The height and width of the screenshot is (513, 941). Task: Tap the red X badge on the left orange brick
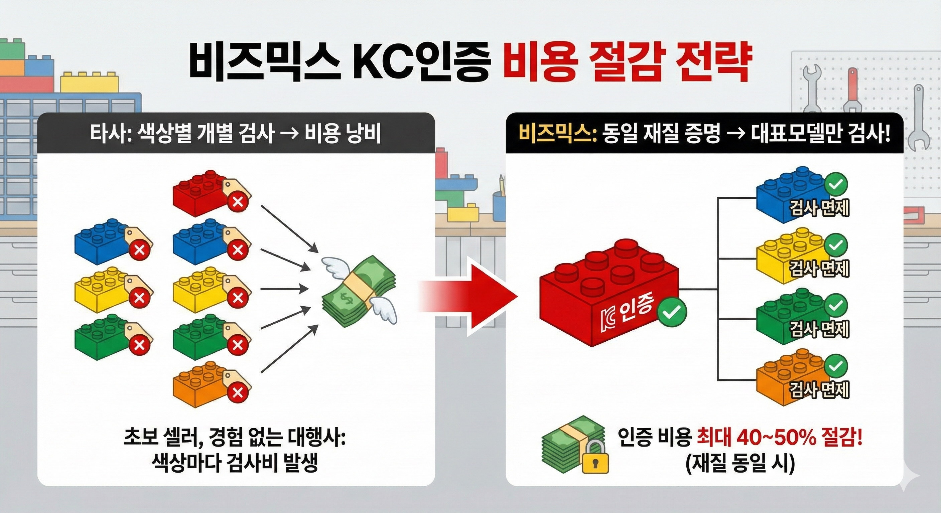[x=238, y=393]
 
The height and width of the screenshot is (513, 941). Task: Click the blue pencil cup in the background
[x=499, y=206]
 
